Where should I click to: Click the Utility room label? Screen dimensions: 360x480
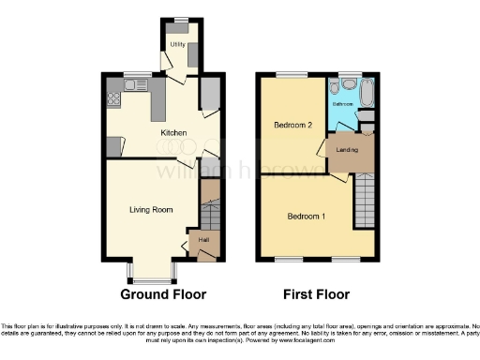coord(176,44)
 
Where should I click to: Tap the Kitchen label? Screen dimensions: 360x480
coord(173,133)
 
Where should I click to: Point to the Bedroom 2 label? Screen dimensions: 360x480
coord(292,125)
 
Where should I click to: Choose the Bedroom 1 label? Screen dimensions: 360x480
coord(306,217)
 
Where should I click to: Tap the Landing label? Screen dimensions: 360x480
coord(349,150)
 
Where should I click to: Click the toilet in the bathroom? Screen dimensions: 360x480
coord(348,83)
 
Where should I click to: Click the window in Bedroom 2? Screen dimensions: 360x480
coord(292,74)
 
